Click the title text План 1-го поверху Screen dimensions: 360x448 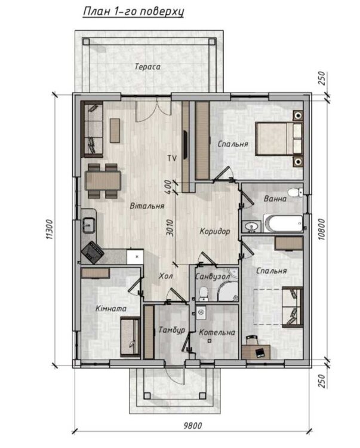pyautogui.click(x=133, y=12)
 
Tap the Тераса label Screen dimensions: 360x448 pyautogui.click(x=147, y=66)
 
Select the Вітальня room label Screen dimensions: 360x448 pyautogui.click(x=147, y=205)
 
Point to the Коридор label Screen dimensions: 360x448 pyautogui.click(x=215, y=231)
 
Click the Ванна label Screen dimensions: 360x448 pyautogui.click(x=275, y=198)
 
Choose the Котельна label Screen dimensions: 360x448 pyautogui.click(x=217, y=332)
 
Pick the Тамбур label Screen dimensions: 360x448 pyautogui.click(x=172, y=330)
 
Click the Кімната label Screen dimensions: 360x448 pyautogui.click(x=111, y=309)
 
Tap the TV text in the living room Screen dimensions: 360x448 pyautogui.click(x=172, y=158)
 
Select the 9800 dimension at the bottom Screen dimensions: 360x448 pyautogui.click(x=192, y=426)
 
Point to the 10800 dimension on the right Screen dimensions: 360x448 pyautogui.click(x=322, y=229)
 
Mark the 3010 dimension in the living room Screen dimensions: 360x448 pyautogui.click(x=170, y=228)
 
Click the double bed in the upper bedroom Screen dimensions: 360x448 pyautogui.click(x=279, y=139)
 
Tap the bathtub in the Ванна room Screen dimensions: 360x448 pyautogui.click(x=283, y=223)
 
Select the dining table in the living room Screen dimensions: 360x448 pyautogui.click(x=103, y=180)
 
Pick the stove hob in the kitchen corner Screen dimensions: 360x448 pyautogui.click(x=92, y=252)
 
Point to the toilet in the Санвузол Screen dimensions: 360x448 pyautogui.click(x=203, y=294)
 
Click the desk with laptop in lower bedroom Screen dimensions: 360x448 pyautogui.click(x=256, y=352)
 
